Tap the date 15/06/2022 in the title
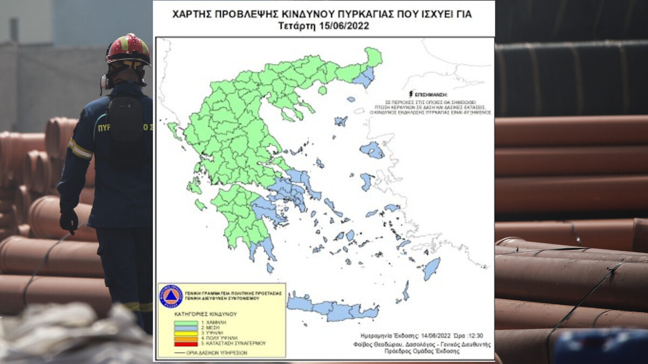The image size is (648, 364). point(342,25)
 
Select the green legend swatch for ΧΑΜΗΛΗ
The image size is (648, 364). point(186,323)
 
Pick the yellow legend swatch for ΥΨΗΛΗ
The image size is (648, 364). point(186,333)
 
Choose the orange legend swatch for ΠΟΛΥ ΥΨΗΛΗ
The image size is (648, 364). point(186,339)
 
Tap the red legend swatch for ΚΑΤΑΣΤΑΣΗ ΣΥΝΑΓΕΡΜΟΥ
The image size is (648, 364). point(186,344)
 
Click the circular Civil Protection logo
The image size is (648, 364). point(171,296)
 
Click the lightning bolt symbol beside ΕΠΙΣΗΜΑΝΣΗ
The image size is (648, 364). point(411,94)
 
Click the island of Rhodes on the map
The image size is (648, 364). point(431,269)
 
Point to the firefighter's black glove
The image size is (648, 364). point(69,221)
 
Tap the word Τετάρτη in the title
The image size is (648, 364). point(296,25)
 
